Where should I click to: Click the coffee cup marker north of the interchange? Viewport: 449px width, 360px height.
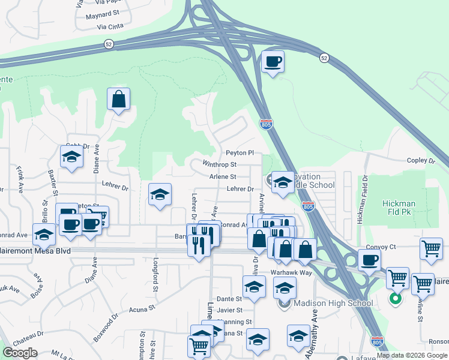(x=273, y=61)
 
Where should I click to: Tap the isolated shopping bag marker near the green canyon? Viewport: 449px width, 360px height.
(x=119, y=99)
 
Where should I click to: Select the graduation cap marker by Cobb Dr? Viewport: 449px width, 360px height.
(x=71, y=157)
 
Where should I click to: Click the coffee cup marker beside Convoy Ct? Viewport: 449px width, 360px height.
(x=370, y=260)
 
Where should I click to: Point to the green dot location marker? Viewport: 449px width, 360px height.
(x=395, y=298)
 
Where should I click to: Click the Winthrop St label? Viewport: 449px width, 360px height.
(x=220, y=164)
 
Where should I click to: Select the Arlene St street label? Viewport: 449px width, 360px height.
(x=223, y=177)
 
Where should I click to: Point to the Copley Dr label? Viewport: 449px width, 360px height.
(x=420, y=161)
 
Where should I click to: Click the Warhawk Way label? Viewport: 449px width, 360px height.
(x=291, y=272)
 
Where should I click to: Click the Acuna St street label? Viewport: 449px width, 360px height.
(x=142, y=310)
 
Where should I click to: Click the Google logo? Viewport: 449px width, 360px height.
(x=20, y=353)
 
